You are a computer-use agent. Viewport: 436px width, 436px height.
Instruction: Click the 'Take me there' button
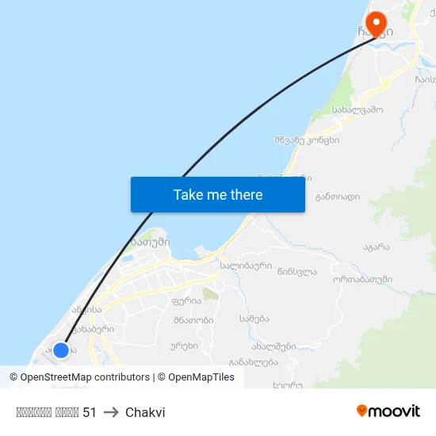[x=218, y=194]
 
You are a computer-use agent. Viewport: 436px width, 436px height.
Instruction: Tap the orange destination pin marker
[x=373, y=24]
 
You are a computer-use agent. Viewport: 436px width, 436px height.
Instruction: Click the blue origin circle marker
[x=61, y=350]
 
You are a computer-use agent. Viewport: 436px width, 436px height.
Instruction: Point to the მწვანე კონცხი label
[x=307, y=140]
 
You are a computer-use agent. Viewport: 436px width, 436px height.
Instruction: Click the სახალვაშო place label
[x=358, y=110]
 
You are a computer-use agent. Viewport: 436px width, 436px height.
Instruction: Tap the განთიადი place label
[x=337, y=197]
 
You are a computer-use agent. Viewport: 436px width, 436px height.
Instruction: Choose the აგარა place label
[x=377, y=247]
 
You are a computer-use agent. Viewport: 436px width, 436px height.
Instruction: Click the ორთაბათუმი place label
[x=362, y=279]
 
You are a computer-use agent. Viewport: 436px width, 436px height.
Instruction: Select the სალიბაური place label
[x=246, y=266]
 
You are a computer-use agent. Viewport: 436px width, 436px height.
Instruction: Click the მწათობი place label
[x=193, y=321]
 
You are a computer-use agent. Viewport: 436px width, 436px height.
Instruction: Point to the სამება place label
[x=254, y=319]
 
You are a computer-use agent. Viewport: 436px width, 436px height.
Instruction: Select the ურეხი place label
[x=183, y=346]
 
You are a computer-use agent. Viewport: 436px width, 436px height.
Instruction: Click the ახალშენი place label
[x=273, y=346]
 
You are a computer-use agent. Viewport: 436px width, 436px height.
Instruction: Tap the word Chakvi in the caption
[x=145, y=412]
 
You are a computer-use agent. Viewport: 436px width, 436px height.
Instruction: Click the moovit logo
[x=388, y=411]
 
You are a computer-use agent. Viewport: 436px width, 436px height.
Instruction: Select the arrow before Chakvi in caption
[x=111, y=412]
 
